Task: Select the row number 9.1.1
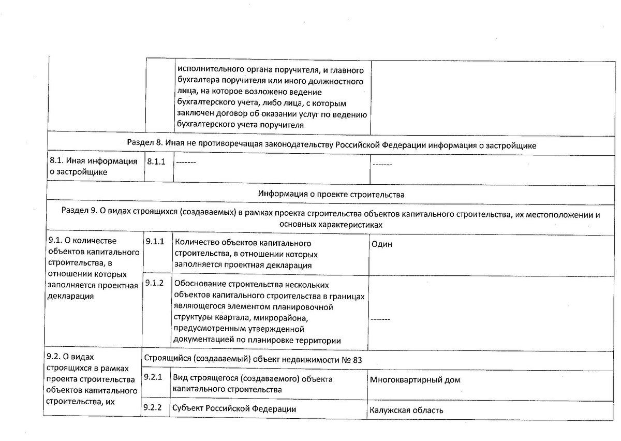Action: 155,241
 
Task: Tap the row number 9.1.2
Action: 155,283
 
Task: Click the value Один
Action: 381,244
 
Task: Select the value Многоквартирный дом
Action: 415,380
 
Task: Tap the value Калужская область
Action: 406,410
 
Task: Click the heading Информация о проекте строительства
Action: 331,195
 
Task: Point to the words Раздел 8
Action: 142,145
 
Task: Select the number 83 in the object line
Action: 357,360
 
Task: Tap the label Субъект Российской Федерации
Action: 234,408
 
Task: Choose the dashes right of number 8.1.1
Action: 185,163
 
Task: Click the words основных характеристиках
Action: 331,225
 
